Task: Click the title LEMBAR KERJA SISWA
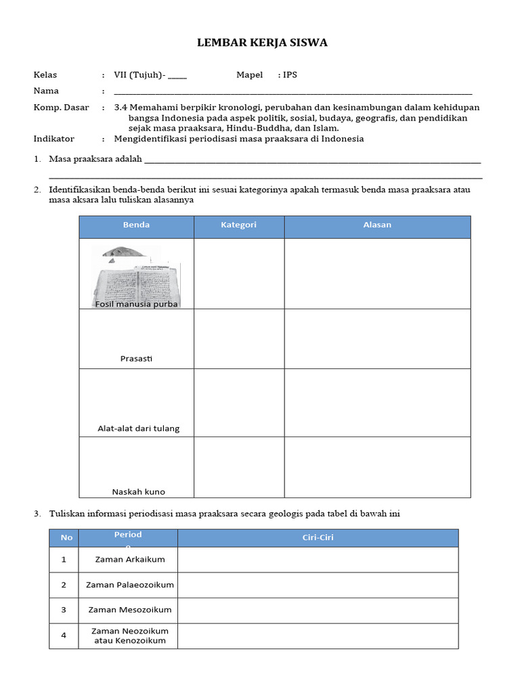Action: (261, 43)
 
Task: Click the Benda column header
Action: (136, 225)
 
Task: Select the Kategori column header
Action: (238, 225)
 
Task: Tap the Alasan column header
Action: (377, 225)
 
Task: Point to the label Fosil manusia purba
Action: (137, 304)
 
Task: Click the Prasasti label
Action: (136, 359)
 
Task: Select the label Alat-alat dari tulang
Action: (138, 428)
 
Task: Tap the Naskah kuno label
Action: (138, 492)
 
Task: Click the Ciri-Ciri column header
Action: (318, 538)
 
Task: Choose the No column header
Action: (66, 538)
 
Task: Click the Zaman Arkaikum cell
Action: (130, 560)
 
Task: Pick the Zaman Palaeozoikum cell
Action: (130, 585)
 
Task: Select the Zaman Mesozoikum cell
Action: (130, 610)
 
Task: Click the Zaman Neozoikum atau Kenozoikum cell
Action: (130, 635)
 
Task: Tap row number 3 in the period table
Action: (64, 610)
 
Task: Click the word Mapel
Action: (249, 75)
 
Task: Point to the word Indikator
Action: (53, 139)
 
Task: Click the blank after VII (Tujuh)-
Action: (177, 76)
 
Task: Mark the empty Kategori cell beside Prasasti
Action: (238, 338)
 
